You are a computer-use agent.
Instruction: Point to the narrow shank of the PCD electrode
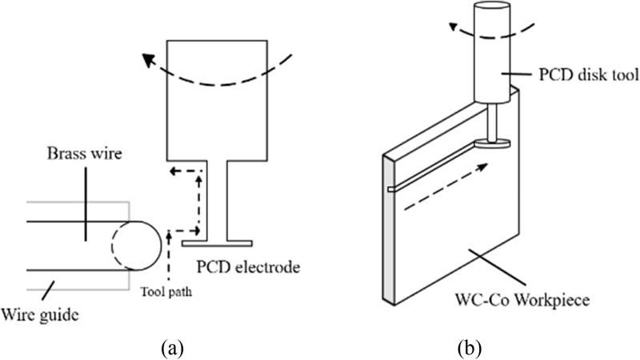tap(218, 200)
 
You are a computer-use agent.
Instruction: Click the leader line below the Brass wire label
tap(82, 212)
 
